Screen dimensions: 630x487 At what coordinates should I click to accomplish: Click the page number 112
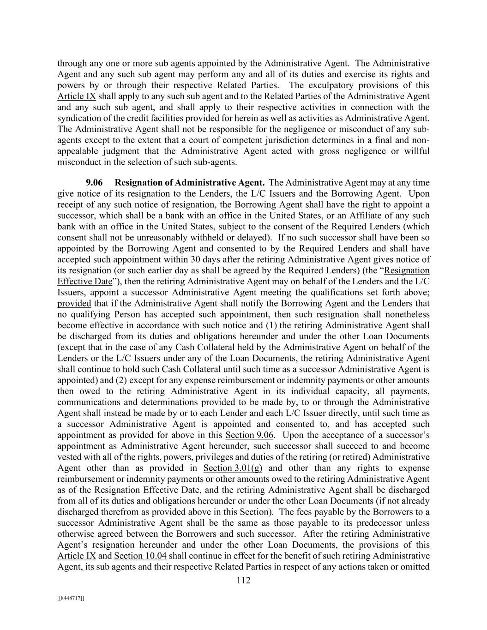[x=243, y=581]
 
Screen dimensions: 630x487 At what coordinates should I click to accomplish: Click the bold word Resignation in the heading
[x=139, y=183]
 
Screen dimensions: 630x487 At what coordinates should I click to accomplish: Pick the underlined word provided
[x=74, y=303]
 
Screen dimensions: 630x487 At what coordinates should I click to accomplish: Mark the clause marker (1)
[x=298, y=325]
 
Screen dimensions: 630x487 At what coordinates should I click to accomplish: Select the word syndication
[x=79, y=118]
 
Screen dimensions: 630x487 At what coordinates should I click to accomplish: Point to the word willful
[x=415, y=151]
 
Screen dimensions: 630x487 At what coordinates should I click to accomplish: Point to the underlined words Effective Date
[x=85, y=282]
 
